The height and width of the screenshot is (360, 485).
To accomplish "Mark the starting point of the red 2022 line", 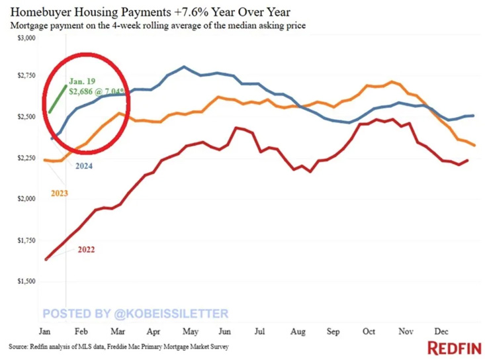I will tap(46, 259).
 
